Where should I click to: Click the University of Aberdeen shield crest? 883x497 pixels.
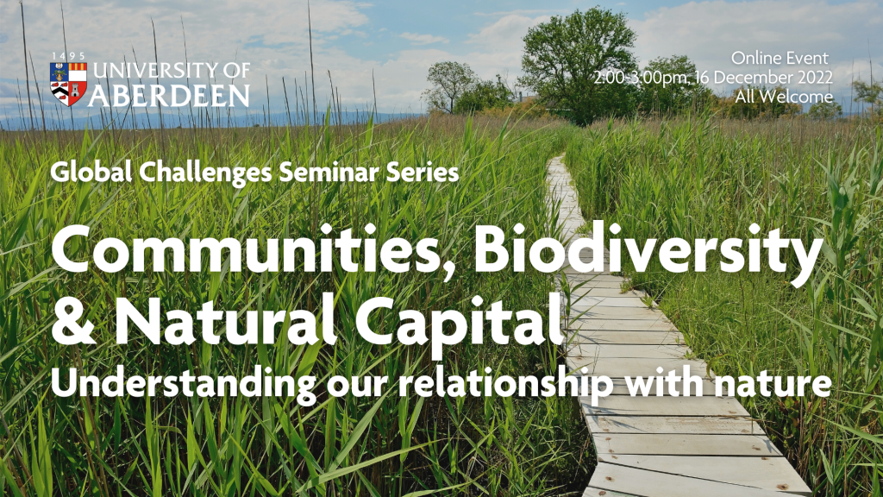point(68,84)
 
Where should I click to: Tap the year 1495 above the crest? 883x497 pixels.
point(68,56)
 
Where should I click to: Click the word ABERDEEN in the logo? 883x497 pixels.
point(168,95)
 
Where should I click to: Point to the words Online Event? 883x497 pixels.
point(780,58)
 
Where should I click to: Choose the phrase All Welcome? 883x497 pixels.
point(783,97)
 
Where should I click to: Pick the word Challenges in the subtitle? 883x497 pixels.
point(206,173)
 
